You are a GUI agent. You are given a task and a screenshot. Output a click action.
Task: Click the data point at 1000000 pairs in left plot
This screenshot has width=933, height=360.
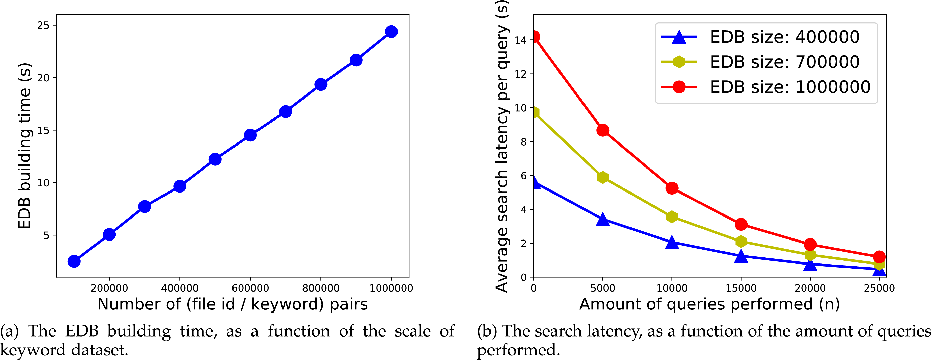pyautogui.click(x=391, y=32)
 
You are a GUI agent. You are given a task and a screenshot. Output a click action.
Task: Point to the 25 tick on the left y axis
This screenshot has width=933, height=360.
pyautogui.click(x=43, y=25)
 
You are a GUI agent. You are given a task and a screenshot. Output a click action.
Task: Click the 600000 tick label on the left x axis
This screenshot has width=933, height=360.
pyautogui.click(x=250, y=288)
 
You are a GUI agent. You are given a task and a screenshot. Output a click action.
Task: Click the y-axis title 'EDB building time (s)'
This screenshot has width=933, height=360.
pyautogui.click(x=25, y=146)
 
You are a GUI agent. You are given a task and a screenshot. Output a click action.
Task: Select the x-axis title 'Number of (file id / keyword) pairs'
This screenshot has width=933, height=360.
pyautogui.click(x=232, y=304)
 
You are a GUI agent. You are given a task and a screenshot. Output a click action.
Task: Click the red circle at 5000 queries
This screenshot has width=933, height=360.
pyautogui.click(x=603, y=130)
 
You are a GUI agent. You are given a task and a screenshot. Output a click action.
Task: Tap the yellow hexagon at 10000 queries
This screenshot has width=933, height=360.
pyautogui.click(x=672, y=217)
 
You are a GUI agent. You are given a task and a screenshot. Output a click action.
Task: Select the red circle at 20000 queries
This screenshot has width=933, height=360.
pyautogui.click(x=810, y=245)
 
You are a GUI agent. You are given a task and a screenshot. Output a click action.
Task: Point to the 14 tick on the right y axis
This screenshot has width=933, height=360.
pyautogui.click(x=521, y=40)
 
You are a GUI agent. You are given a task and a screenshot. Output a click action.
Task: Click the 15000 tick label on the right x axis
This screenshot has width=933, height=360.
pyautogui.click(x=741, y=288)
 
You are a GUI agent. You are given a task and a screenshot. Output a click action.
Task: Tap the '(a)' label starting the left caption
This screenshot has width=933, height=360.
pyautogui.click(x=9, y=331)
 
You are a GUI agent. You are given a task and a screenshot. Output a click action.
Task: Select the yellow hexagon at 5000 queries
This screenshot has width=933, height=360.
pyautogui.click(x=603, y=177)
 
